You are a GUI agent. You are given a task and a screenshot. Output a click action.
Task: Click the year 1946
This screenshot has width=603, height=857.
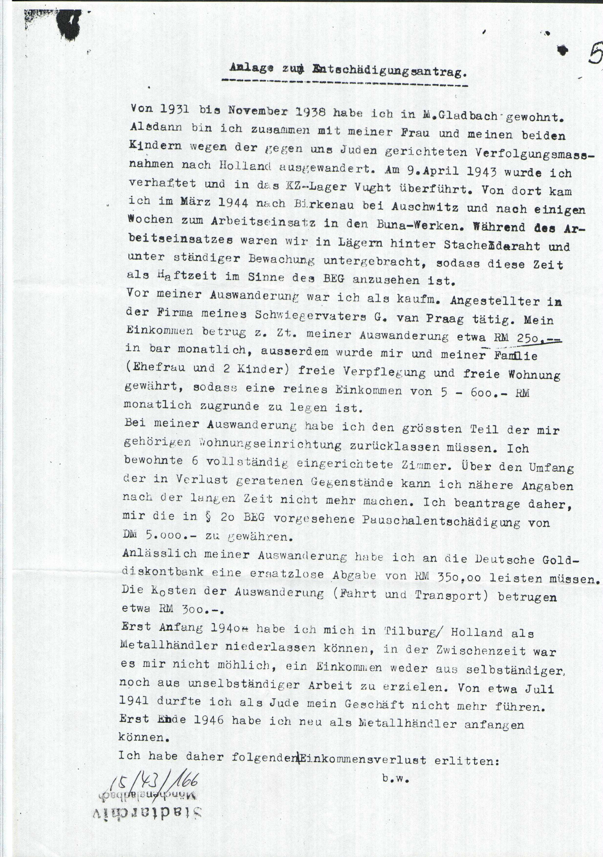(209, 719)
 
